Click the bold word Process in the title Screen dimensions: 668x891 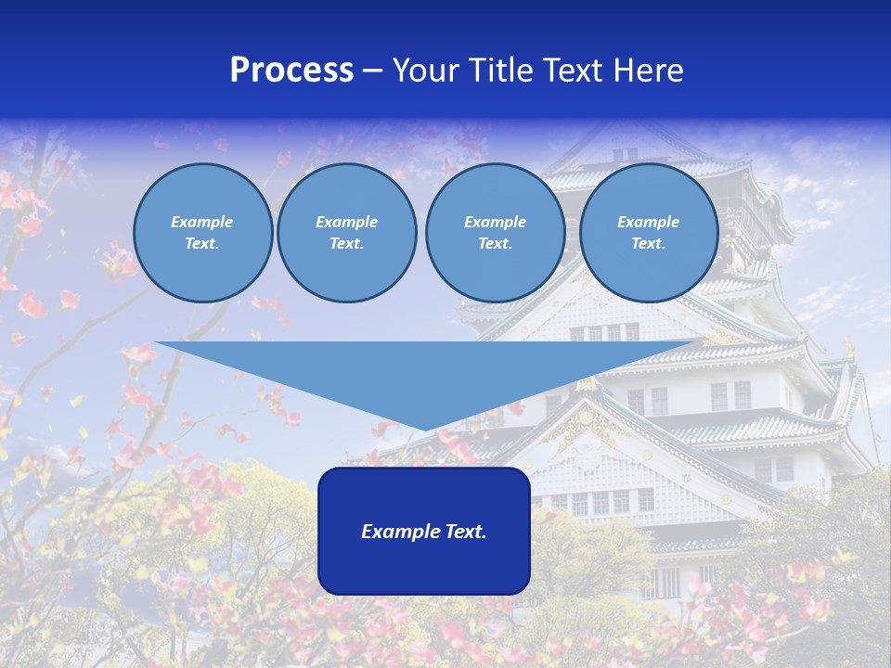[x=291, y=71]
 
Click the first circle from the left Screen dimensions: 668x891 [x=202, y=233]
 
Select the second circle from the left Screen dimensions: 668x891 [x=347, y=233]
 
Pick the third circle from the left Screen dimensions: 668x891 [x=495, y=233]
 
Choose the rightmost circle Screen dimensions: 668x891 [x=649, y=233]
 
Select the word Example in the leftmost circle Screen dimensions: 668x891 [x=202, y=222]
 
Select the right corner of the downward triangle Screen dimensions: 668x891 [x=701, y=343]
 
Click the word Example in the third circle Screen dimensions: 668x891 [x=495, y=222]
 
